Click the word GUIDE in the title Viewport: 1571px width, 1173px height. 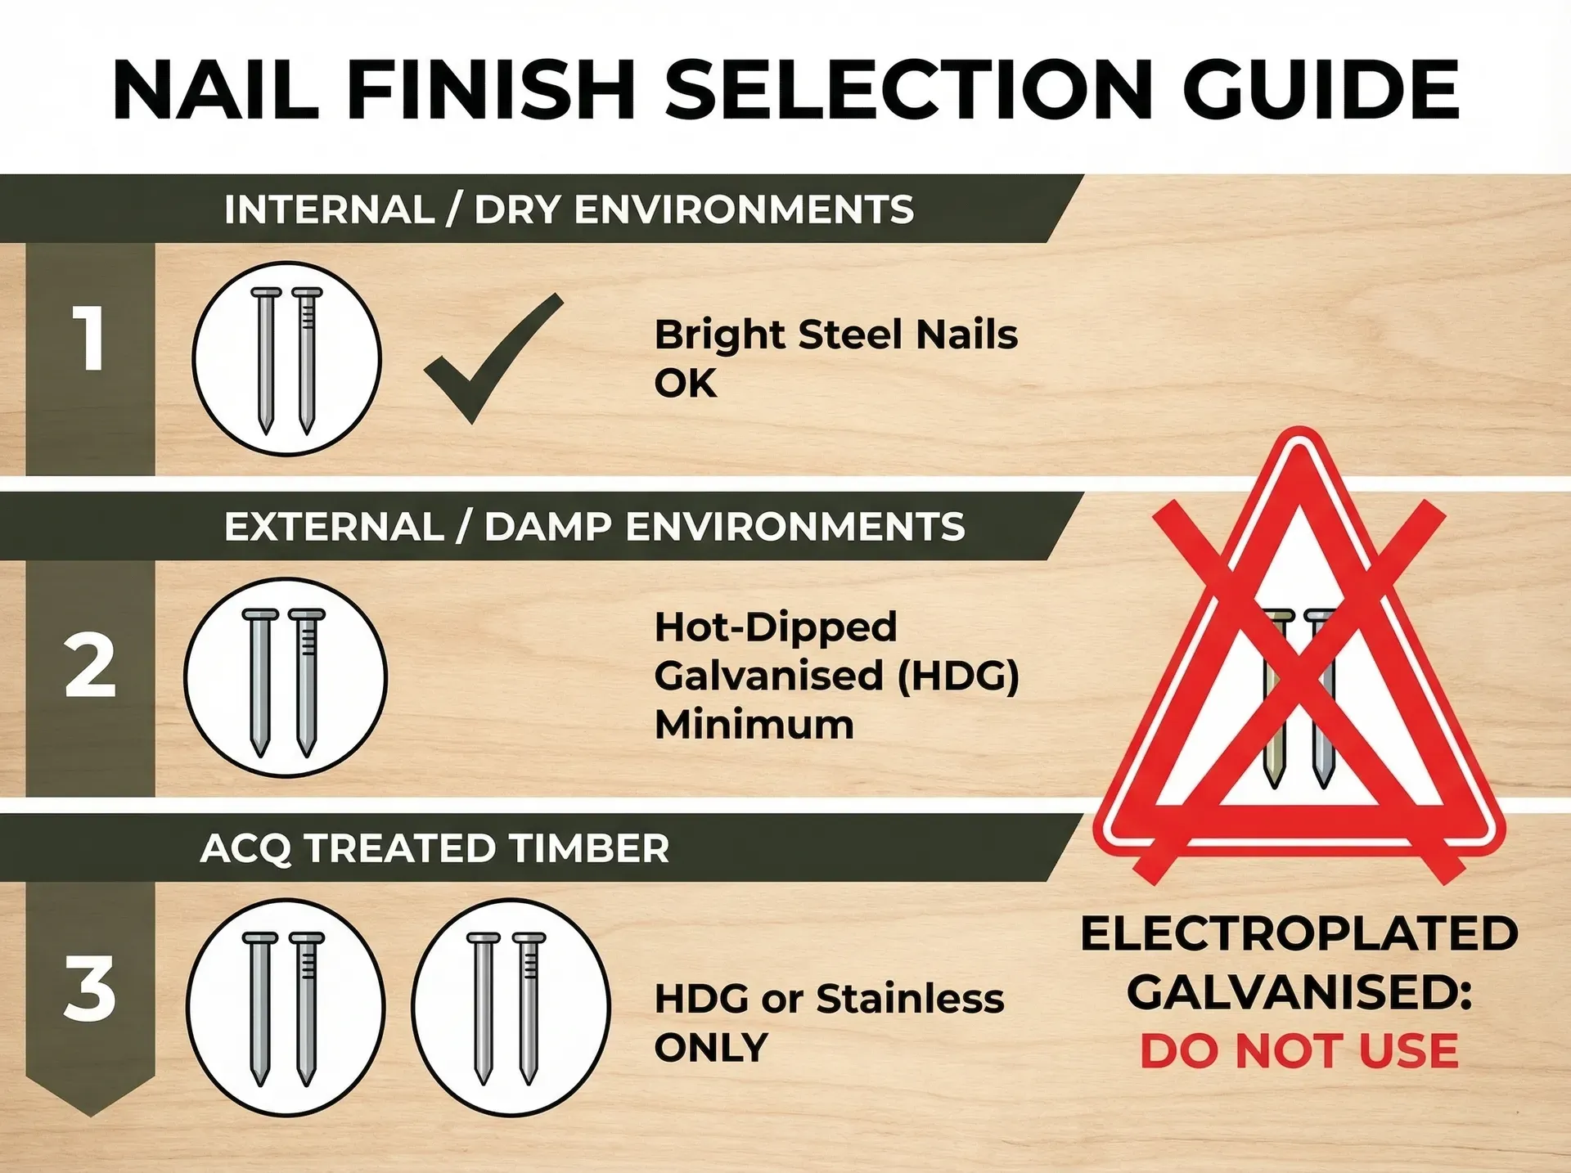tap(1321, 89)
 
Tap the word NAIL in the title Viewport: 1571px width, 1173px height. tap(215, 89)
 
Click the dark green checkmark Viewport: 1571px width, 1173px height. tap(491, 360)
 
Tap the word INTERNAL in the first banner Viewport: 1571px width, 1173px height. tap(329, 209)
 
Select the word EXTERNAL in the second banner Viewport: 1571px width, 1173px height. tap(334, 527)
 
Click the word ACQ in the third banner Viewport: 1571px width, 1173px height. tap(245, 848)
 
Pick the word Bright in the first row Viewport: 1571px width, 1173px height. tap(720, 335)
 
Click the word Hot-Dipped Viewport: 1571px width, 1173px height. tap(776, 627)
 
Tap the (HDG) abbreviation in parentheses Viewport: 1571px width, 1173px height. tap(958, 676)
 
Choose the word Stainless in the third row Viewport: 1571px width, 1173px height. tap(910, 999)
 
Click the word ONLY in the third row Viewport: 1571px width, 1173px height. tap(711, 1048)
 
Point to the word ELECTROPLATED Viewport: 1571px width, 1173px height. tap(1299, 934)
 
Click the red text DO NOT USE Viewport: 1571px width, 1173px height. tap(1299, 1051)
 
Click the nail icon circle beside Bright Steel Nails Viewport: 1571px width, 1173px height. tap(286, 358)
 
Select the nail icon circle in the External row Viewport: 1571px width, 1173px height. tap(285, 677)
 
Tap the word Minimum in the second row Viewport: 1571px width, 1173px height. tap(754, 725)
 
